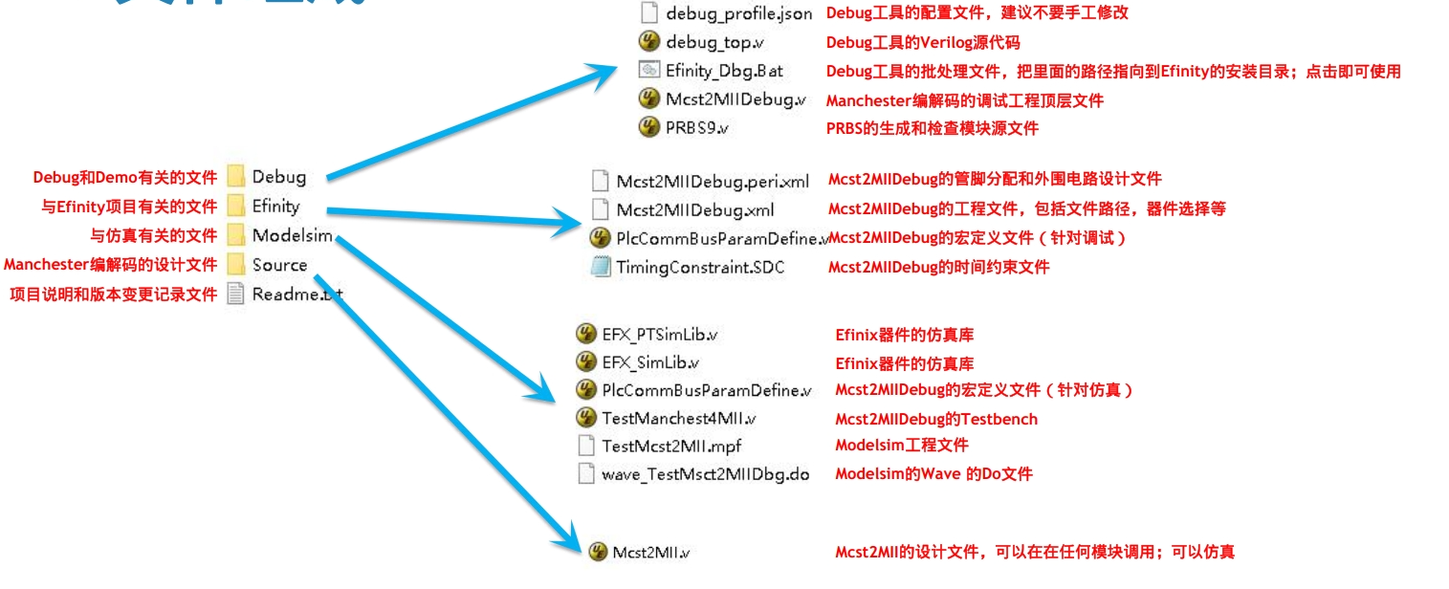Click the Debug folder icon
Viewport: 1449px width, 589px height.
[236, 177]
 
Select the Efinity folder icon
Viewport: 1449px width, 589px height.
[236, 206]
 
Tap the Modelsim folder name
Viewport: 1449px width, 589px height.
[292, 235]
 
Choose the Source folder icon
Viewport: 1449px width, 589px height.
[236, 265]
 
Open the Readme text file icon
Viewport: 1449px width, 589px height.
[236, 294]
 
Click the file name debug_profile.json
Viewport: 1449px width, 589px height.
[738, 13]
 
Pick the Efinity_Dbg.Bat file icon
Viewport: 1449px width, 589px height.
[648, 70]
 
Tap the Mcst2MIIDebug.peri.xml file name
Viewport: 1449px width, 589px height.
[713, 181]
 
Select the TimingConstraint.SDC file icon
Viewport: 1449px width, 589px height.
[601, 268]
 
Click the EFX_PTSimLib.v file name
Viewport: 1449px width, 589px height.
[660, 335]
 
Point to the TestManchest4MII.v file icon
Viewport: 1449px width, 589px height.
[586, 418]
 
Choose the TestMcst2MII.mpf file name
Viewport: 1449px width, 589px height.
[671, 446]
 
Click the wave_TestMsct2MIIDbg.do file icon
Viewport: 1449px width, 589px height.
[586, 473]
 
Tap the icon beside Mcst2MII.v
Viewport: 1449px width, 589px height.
[598, 552]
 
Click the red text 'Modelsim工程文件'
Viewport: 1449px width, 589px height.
[901, 445]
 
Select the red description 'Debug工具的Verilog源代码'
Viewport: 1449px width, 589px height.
[923, 42]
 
